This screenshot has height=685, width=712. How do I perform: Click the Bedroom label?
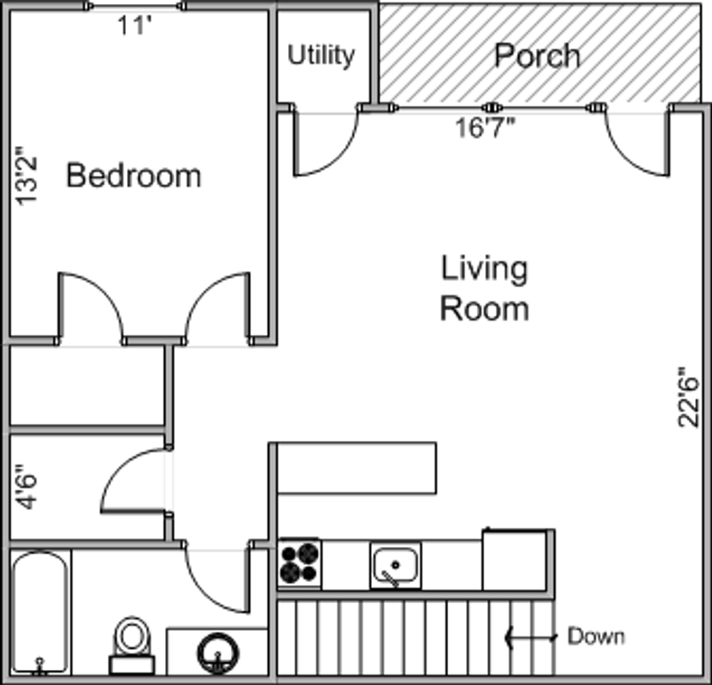click(134, 176)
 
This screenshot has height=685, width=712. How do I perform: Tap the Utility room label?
click(321, 56)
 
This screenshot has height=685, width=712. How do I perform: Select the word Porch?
click(537, 56)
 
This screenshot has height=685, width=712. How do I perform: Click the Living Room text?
click(484, 289)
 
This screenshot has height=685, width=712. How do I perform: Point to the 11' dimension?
click(134, 25)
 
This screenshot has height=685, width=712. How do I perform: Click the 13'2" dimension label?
click(27, 176)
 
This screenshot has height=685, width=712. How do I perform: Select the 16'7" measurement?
click(486, 127)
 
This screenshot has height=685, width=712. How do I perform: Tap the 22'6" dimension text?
click(689, 397)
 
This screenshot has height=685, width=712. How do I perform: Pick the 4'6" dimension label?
click(27, 487)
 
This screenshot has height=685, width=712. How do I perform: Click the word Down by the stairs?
click(596, 636)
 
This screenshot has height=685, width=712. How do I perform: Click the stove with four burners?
click(299, 563)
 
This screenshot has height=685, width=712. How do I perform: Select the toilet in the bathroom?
click(132, 645)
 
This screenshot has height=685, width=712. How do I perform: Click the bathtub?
click(41, 613)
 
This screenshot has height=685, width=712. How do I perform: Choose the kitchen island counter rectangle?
click(357, 468)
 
